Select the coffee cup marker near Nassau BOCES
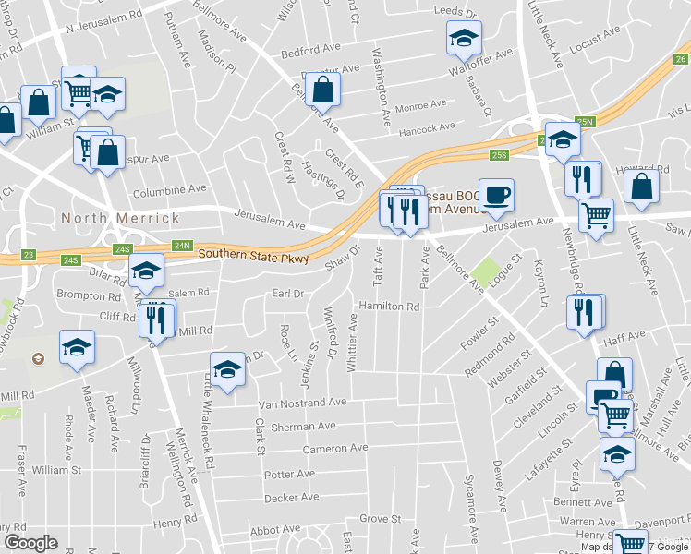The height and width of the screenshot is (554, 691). pyautogui.click(x=496, y=195)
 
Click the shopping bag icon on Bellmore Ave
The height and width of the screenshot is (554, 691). pyautogui.click(x=322, y=90)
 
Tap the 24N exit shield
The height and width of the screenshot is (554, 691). pyautogui.click(x=182, y=246)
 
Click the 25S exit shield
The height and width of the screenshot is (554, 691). pyautogui.click(x=501, y=154)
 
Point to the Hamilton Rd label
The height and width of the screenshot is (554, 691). pyautogui.click(x=389, y=306)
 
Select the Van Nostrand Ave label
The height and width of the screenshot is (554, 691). pyautogui.click(x=302, y=403)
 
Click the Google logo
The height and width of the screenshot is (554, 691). pyautogui.click(x=30, y=543)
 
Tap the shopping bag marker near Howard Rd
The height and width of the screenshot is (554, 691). pyautogui.click(x=642, y=187)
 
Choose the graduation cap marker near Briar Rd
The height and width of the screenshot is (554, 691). pyautogui.click(x=146, y=271)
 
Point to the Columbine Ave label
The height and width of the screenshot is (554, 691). pyautogui.click(x=167, y=193)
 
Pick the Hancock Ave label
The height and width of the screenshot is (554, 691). pyautogui.click(x=426, y=127)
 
